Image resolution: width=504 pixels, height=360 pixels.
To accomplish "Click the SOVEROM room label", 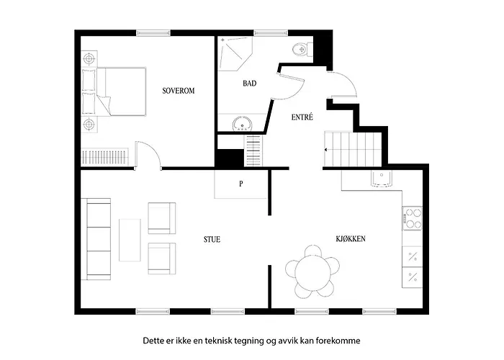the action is [x=179, y=91].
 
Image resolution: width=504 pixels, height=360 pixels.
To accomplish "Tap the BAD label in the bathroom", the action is [x=250, y=84].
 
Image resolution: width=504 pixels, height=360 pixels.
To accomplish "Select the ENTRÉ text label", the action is [x=302, y=117].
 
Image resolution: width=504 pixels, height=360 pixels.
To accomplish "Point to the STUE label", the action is [x=212, y=240].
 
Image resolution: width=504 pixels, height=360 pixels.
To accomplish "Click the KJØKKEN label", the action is [x=351, y=239].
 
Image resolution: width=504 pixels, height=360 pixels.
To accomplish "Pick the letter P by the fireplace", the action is [x=241, y=184].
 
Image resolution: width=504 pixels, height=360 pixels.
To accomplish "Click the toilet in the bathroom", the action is [x=302, y=50].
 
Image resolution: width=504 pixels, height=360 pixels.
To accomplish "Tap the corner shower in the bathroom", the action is [x=235, y=53].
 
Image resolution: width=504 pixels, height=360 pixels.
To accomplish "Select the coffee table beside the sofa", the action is [x=130, y=240].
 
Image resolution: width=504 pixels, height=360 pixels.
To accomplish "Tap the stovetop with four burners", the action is [x=413, y=218].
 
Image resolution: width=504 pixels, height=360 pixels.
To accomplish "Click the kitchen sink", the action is [x=382, y=179].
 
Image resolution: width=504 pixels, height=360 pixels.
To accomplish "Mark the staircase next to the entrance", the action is [x=353, y=149].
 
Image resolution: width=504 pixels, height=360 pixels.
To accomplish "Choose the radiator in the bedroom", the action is [x=105, y=157].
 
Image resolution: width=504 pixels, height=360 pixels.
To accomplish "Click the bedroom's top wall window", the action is [x=153, y=33].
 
